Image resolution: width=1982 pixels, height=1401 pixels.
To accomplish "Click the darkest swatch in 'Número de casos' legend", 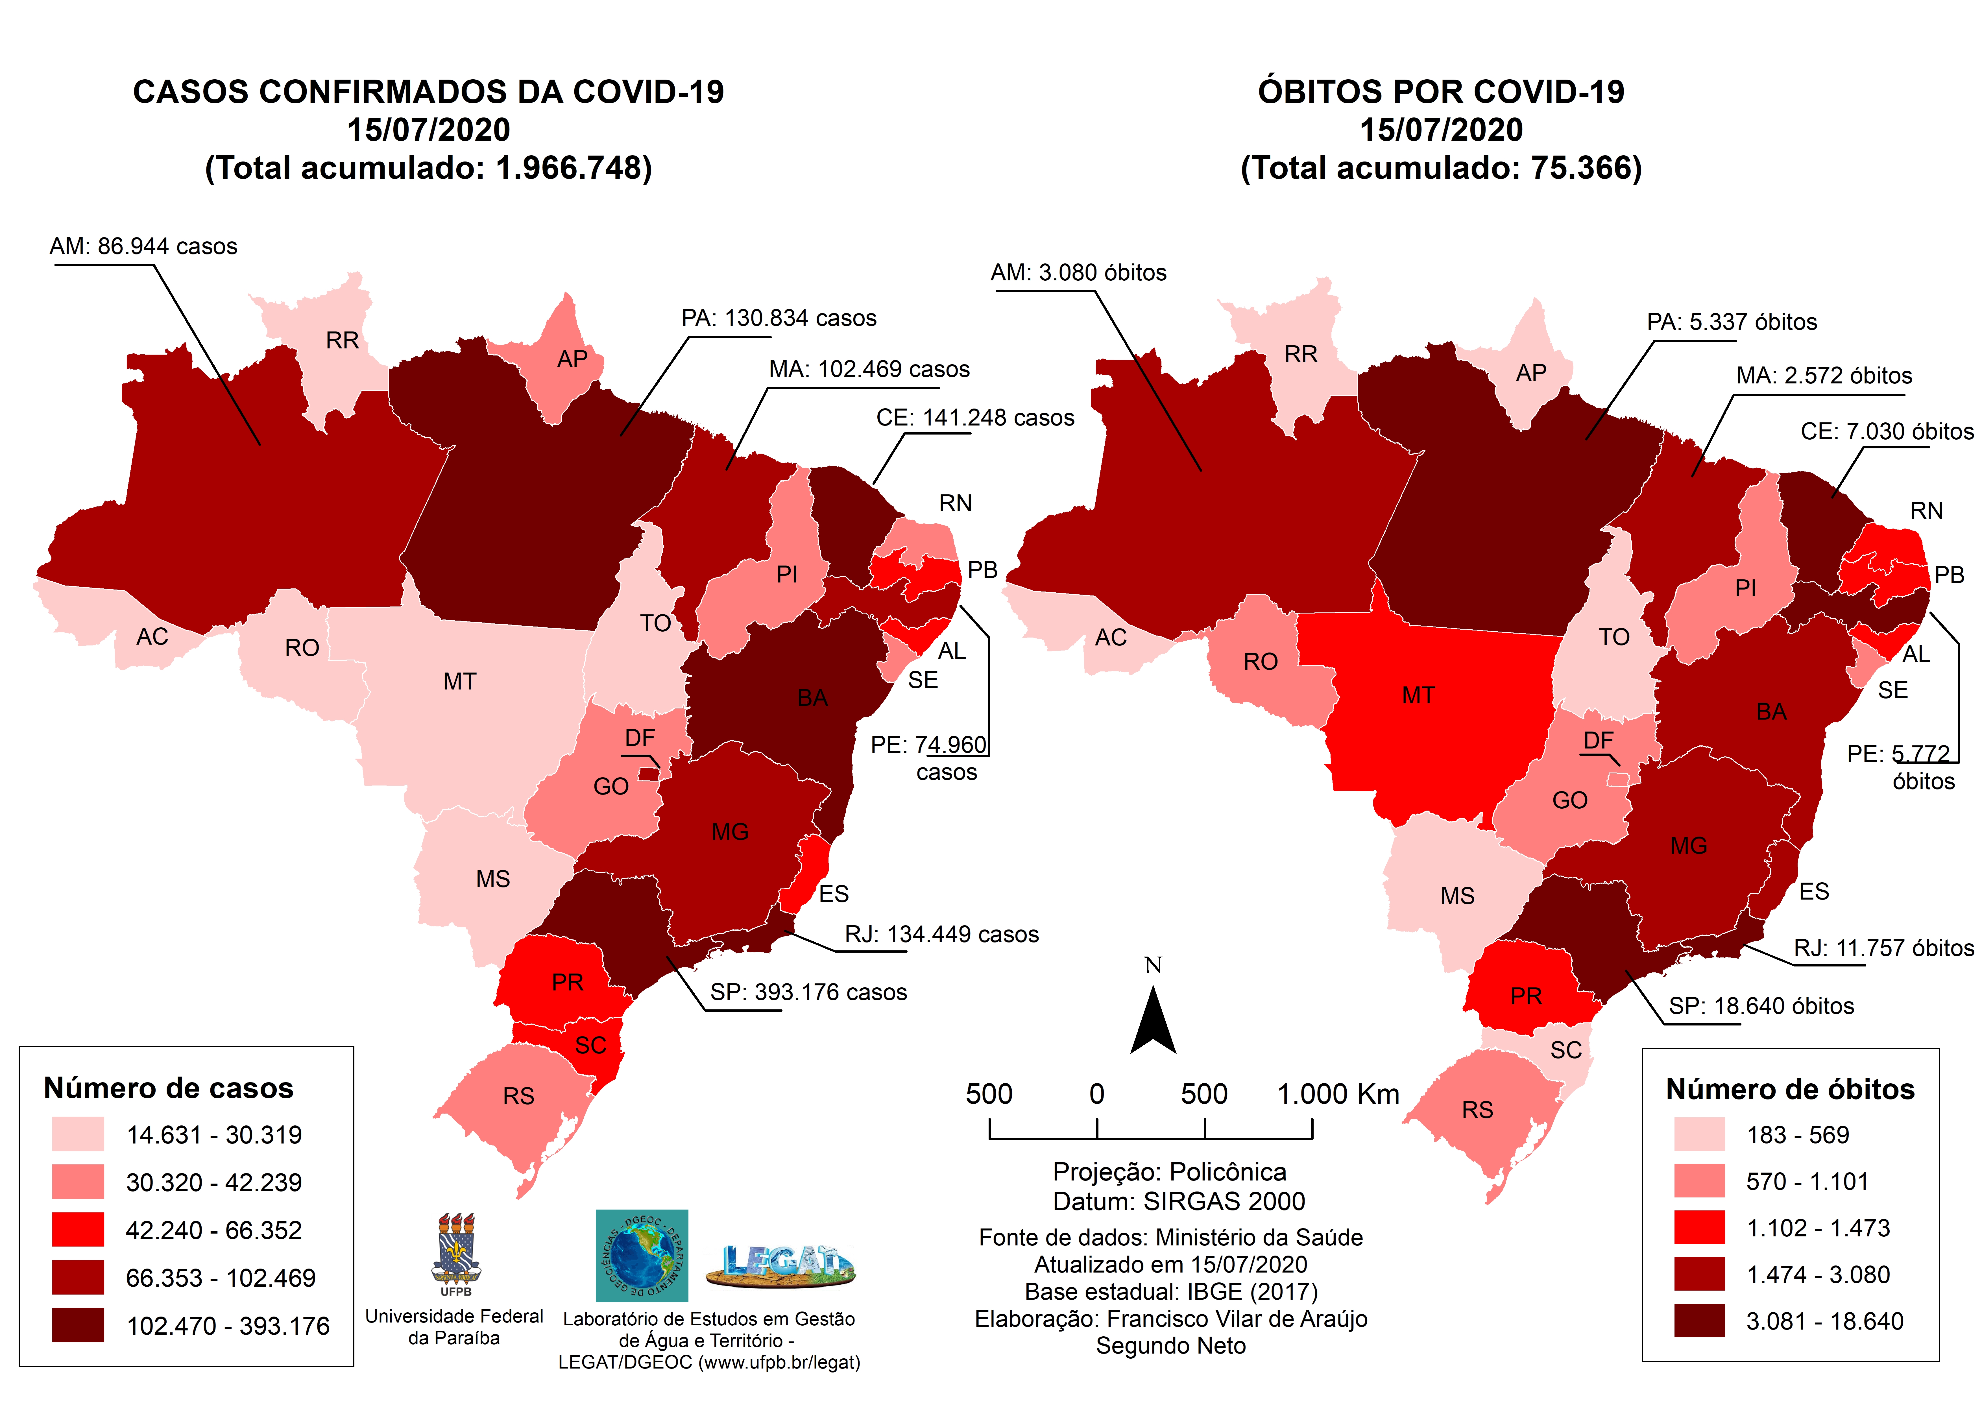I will click(x=78, y=1324).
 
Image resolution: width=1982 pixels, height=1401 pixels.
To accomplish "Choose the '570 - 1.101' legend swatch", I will click(x=1699, y=1181).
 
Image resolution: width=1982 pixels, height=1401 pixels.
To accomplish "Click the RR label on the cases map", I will click(x=342, y=340).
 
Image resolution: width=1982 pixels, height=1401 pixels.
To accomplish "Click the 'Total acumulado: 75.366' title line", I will click(x=1441, y=167).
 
